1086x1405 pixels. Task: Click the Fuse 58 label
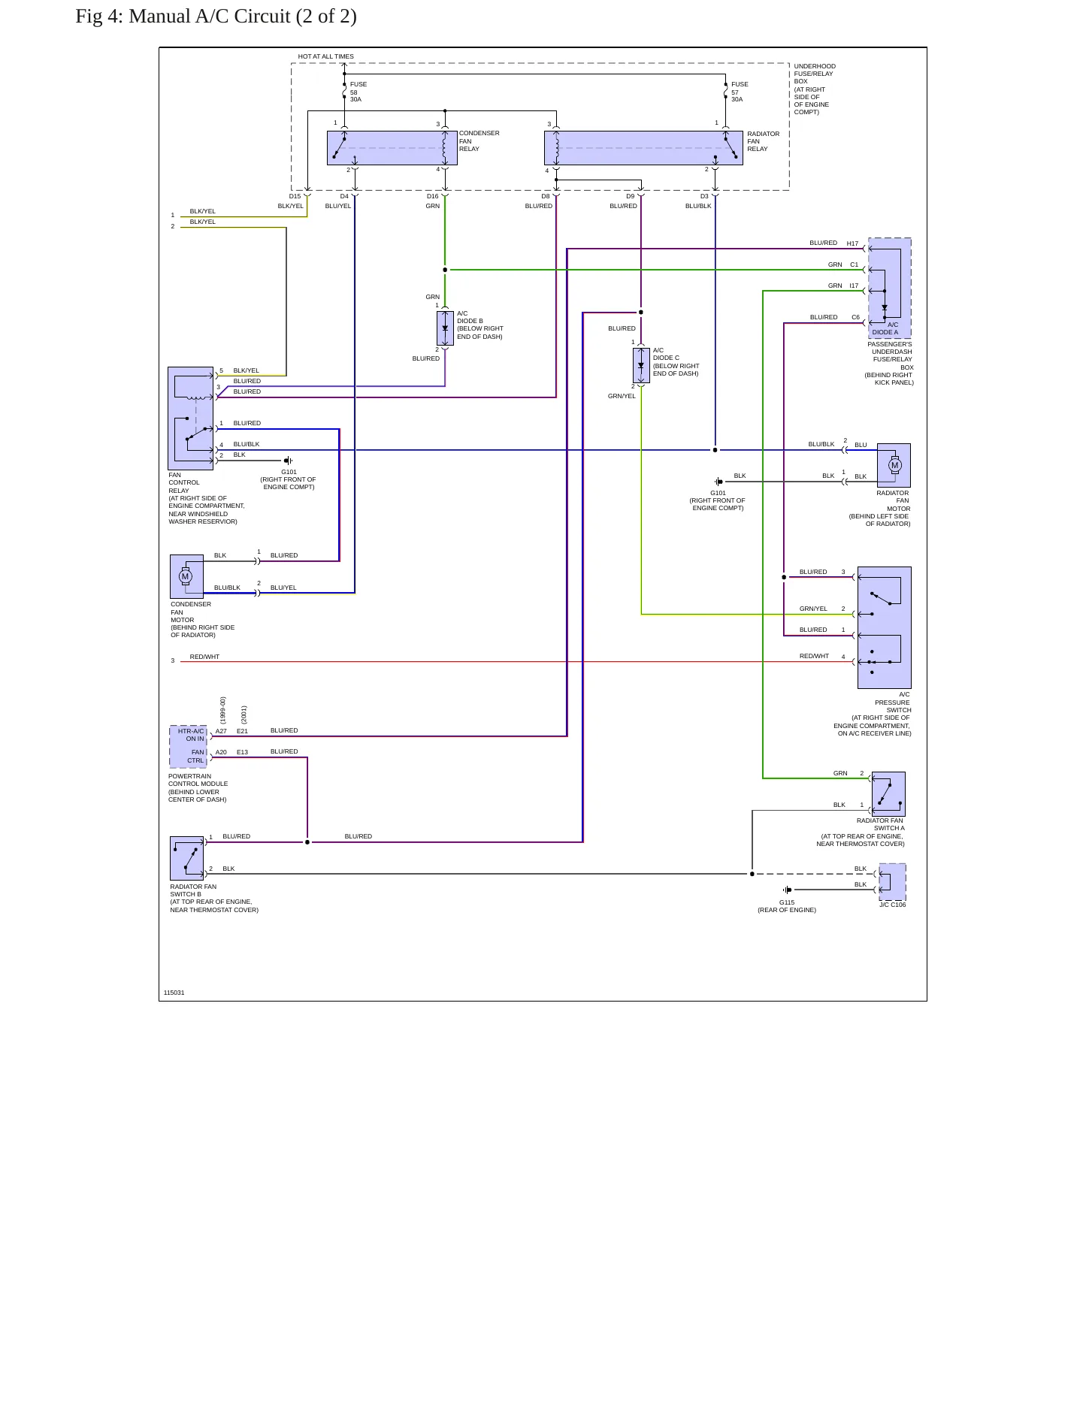pyautogui.click(x=358, y=92)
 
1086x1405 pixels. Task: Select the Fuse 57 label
pyautogui.click(x=740, y=92)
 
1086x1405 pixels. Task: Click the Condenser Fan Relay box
pyautogui.click(x=392, y=148)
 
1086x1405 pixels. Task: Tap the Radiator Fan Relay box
pyautogui.click(x=643, y=148)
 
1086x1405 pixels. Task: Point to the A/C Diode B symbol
pyautogui.click(x=445, y=328)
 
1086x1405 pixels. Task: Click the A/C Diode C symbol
pyautogui.click(x=641, y=365)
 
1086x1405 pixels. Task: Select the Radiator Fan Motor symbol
pyautogui.click(x=894, y=466)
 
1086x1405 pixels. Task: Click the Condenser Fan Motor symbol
pyautogui.click(x=186, y=577)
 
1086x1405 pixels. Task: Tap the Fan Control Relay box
pyautogui.click(x=191, y=418)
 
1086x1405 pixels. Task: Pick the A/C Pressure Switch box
pyautogui.click(x=885, y=627)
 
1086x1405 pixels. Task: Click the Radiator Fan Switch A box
pyautogui.click(x=888, y=794)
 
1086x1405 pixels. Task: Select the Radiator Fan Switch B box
pyautogui.click(x=187, y=858)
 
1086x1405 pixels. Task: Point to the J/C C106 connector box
pyautogui.click(x=892, y=882)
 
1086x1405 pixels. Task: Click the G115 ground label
pyautogui.click(x=787, y=902)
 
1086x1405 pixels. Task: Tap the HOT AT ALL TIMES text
pyautogui.click(x=325, y=56)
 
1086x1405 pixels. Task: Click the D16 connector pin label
pyautogui.click(x=433, y=196)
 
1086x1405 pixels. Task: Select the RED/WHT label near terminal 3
pyautogui.click(x=204, y=657)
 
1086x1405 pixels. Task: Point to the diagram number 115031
pyautogui.click(x=174, y=993)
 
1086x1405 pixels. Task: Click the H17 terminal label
pyautogui.click(x=852, y=243)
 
